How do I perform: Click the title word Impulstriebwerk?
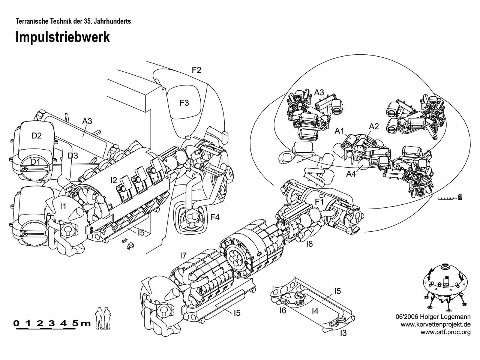point(62,37)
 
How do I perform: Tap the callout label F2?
point(196,70)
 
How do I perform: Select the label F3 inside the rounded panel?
point(184,103)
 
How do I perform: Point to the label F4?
point(215,217)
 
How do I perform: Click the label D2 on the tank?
point(36,135)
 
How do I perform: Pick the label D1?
point(35,162)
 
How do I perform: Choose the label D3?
point(73,155)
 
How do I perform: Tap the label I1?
point(63,206)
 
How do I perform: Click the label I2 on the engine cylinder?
point(114,180)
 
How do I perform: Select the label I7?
point(183,256)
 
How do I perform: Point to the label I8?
point(309,244)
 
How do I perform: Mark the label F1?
point(319,202)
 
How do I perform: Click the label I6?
point(283,310)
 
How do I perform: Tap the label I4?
point(315,310)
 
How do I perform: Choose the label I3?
point(343,333)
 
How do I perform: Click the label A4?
point(351,174)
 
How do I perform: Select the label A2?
point(374,126)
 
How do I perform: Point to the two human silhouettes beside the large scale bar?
point(103,318)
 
